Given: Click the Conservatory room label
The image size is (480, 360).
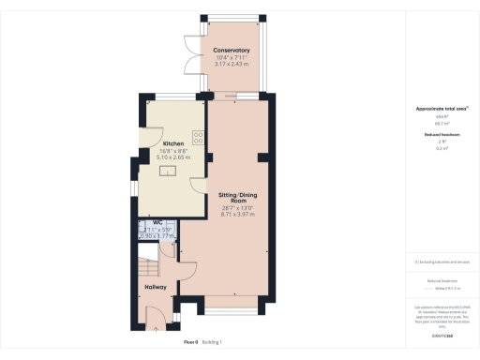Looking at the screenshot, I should click(231, 50).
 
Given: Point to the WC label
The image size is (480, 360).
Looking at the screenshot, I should click(158, 221).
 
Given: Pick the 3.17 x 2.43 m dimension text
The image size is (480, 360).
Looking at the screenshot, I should click(231, 64).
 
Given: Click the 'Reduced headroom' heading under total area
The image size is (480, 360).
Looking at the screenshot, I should click(434, 135).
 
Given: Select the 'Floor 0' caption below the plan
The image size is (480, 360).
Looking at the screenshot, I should click(191, 343).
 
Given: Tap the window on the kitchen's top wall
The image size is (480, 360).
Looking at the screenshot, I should click(171, 96).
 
